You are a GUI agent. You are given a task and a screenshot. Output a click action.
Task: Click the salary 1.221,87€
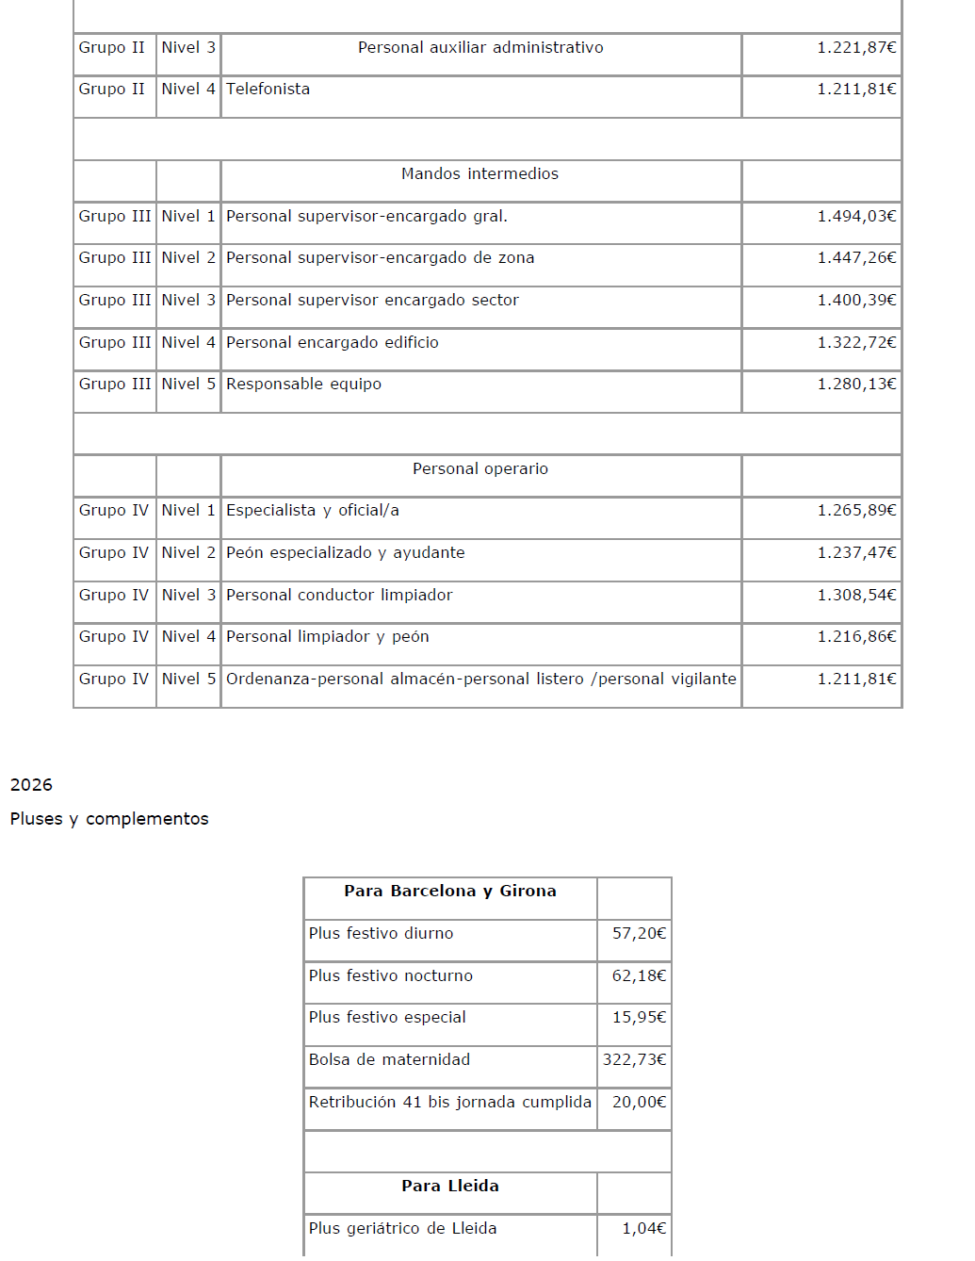pyautogui.click(x=856, y=48)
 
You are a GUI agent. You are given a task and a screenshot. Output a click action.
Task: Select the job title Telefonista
pyautogui.click(x=268, y=90)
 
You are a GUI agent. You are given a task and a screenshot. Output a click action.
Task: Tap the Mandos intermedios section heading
pyautogui.click(x=479, y=174)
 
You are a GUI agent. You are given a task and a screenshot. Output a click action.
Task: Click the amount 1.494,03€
pyautogui.click(x=856, y=217)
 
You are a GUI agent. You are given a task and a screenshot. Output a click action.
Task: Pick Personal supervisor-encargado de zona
pyautogui.click(x=380, y=258)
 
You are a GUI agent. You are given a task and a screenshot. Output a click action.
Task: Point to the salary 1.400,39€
pyautogui.click(x=856, y=301)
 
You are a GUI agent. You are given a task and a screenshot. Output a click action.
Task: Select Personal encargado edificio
pyautogui.click(x=332, y=343)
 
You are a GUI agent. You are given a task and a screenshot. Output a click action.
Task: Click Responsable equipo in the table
pyautogui.click(x=303, y=385)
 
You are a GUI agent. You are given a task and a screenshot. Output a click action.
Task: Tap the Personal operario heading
pyautogui.click(x=479, y=469)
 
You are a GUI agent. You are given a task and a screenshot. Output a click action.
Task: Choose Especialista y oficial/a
pyautogui.click(x=312, y=511)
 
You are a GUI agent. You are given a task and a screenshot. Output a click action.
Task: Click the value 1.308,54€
pyautogui.click(x=856, y=596)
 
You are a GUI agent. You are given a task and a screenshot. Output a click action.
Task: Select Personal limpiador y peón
pyautogui.click(x=327, y=637)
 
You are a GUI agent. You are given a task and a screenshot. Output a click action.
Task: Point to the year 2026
pyautogui.click(x=31, y=785)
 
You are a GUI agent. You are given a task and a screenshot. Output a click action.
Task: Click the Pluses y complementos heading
pyautogui.click(x=109, y=819)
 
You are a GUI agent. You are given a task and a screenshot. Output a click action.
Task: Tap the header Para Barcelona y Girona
pyautogui.click(x=449, y=892)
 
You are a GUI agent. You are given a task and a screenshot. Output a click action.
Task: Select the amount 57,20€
pyautogui.click(x=639, y=934)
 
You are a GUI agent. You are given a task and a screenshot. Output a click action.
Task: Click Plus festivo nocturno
pyautogui.click(x=390, y=976)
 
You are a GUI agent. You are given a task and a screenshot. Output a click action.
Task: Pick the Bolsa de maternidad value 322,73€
pyautogui.click(x=634, y=1060)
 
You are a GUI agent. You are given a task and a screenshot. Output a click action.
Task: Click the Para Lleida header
pyautogui.click(x=449, y=1187)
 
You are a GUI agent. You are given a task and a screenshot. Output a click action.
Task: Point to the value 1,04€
pyautogui.click(x=643, y=1229)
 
